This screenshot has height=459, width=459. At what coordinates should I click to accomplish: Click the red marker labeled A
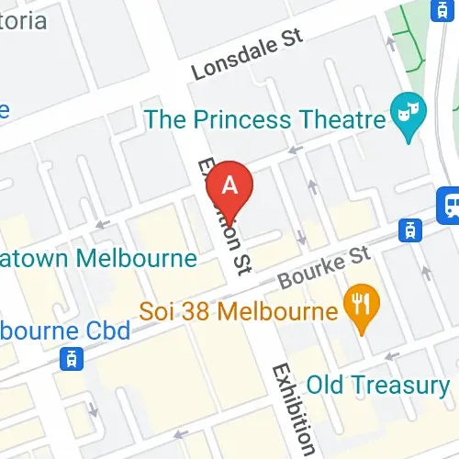[x=230, y=187]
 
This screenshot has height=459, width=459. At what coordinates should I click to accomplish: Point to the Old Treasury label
[x=378, y=385]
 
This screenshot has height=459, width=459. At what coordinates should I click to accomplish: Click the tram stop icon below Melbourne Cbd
[x=68, y=358]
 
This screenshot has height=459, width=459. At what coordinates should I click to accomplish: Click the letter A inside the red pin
[x=230, y=184]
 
